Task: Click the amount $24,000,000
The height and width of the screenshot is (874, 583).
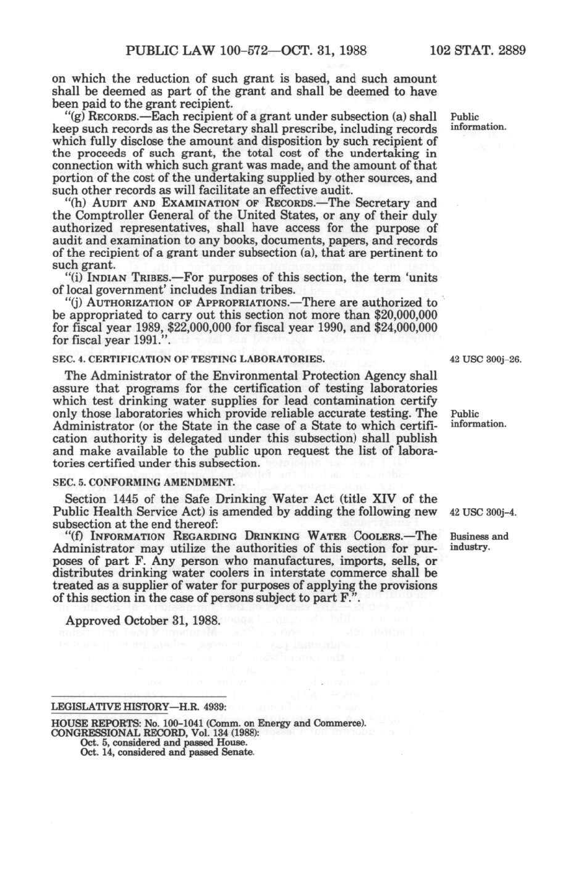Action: click(406, 328)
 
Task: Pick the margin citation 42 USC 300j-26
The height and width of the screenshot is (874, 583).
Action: click(486, 359)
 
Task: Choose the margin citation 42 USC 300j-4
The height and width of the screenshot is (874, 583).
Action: click(483, 512)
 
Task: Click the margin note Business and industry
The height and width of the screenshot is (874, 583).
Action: click(478, 542)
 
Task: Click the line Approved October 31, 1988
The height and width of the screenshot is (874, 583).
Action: click(143, 620)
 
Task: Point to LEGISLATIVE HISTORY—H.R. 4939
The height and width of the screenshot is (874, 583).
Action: click(138, 707)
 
